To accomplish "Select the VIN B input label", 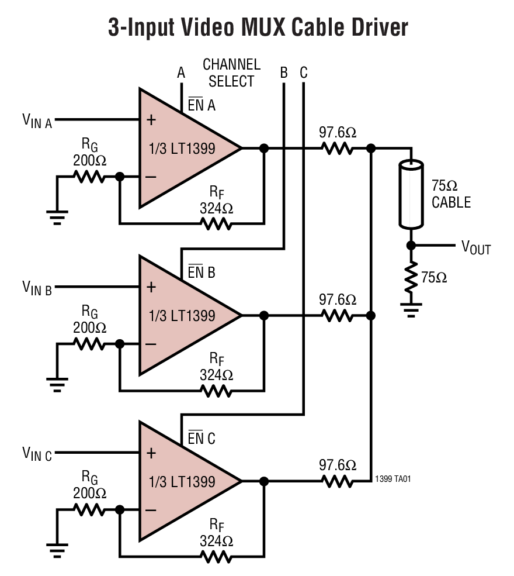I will tap(37, 287).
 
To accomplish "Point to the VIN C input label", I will tap(37, 453).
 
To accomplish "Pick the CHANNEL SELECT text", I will tap(231, 73).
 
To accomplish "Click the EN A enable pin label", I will tap(202, 106).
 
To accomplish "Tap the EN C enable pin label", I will tap(202, 438).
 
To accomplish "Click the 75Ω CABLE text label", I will tap(451, 194).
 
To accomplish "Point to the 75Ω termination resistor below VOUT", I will tap(411, 277).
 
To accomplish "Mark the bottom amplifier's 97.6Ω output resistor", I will tap(338, 481).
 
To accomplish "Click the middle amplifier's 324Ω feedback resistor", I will tap(217, 389).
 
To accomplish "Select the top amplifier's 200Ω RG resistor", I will tap(89, 177).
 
